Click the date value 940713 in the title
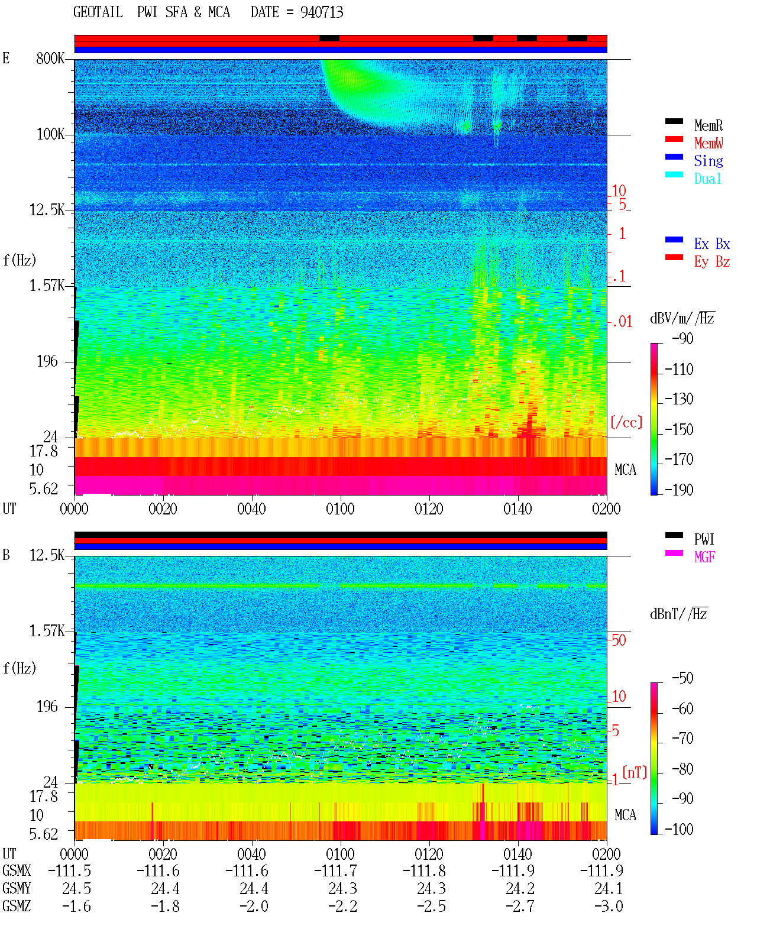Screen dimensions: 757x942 [x=322, y=12]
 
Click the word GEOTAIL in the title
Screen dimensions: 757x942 [x=98, y=12]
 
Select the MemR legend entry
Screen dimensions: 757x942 [x=708, y=125]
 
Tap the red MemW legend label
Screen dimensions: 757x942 [x=709, y=143]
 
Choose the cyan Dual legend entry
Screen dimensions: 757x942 [x=707, y=179]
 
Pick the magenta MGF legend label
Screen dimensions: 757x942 [x=704, y=557]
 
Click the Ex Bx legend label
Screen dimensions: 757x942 [x=711, y=244]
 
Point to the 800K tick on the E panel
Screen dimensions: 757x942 [x=50, y=58]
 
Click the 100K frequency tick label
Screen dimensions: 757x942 [x=50, y=134]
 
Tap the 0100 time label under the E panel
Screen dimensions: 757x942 [x=340, y=509]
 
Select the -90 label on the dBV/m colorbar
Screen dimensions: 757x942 [x=682, y=338]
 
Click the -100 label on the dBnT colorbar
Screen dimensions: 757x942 [x=679, y=829]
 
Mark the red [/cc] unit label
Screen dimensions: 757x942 [x=626, y=422]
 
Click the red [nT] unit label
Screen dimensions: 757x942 [x=635, y=773]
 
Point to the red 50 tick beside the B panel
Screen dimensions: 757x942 [x=619, y=640]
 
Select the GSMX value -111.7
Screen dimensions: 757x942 [x=335, y=871]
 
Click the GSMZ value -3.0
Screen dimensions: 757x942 [x=609, y=906]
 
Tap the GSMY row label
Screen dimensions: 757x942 [x=17, y=889]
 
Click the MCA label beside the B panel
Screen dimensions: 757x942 [x=625, y=815]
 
